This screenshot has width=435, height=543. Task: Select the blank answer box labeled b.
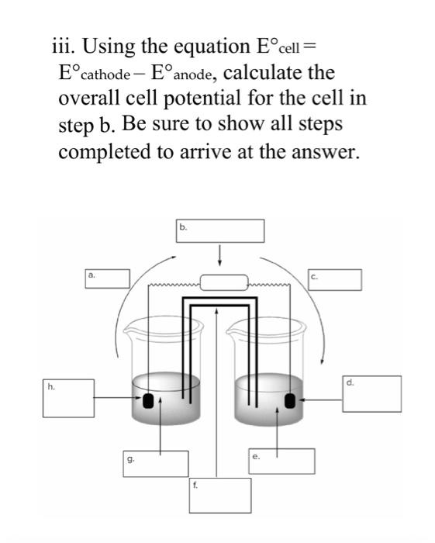[220, 231]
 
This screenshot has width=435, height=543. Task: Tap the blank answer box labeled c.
[336, 280]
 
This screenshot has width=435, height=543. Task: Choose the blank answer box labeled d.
[371, 393]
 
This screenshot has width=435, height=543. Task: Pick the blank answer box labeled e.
[282, 461]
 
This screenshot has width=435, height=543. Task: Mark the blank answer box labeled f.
[220, 495]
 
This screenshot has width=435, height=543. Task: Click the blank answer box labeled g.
[155, 463]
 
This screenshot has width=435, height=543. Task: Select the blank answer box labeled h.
[68, 396]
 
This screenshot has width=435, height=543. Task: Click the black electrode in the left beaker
[147, 400]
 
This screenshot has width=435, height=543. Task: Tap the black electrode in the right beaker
[291, 400]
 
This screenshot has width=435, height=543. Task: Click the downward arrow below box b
[220, 254]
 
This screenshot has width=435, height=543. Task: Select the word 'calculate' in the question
[279, 74]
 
